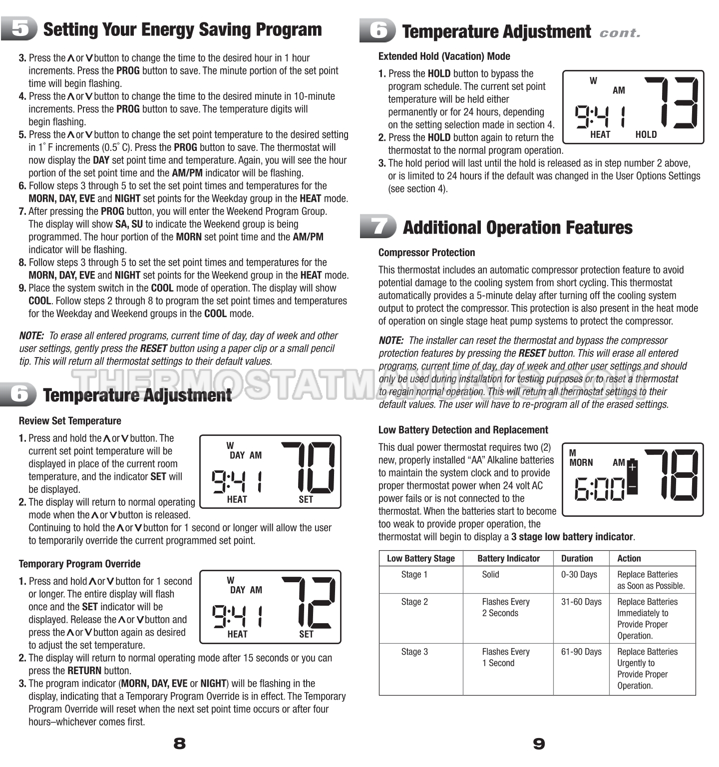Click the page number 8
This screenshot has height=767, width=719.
[179, 744]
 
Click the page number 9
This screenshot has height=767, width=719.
[539, 744]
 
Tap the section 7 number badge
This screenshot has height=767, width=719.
[378, 227]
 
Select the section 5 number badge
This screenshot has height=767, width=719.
[19, 29]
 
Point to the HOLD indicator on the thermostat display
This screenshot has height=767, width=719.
[646, 134]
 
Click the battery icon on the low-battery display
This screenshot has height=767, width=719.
[632, 476]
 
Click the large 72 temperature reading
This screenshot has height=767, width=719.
[308, 602]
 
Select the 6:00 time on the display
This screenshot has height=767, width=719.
[599, 489]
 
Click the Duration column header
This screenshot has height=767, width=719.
[577, 558]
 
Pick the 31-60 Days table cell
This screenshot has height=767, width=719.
[581, 602]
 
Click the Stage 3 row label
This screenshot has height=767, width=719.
[414, 652]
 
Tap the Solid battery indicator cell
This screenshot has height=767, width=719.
[490, 574]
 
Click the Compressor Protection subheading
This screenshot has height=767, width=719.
[426, 253]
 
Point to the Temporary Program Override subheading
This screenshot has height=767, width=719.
[79, 564]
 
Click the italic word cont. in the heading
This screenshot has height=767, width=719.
[620, 33]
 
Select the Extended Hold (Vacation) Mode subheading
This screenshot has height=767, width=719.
[444, 56]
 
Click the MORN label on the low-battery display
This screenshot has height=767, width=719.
[581, 462]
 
